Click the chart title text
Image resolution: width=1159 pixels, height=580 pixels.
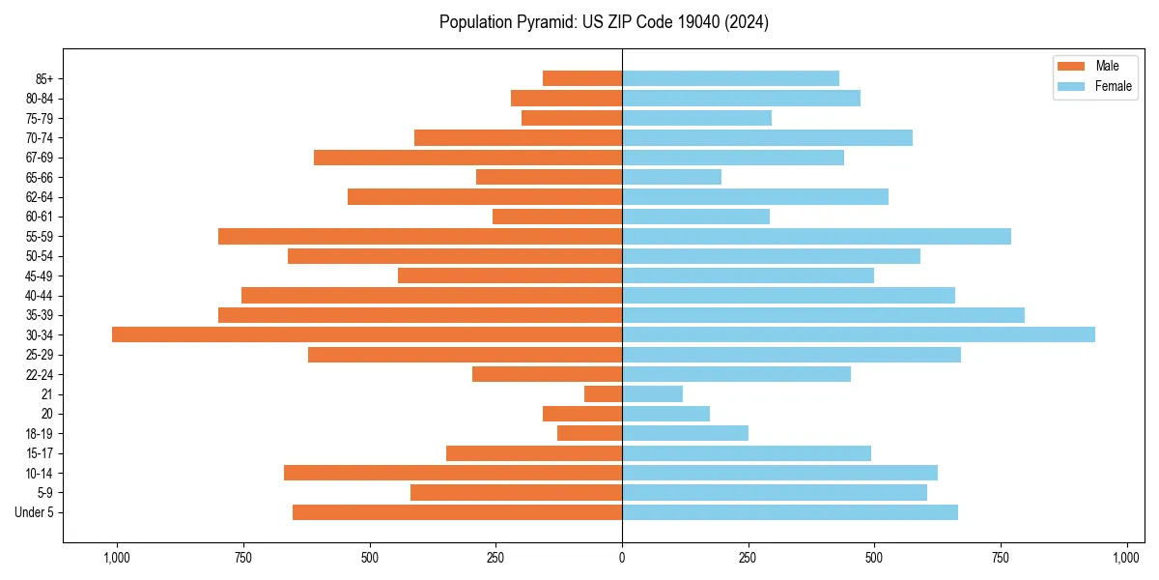click(x=604, y=22)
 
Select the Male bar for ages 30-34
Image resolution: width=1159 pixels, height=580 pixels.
click(x=367, y=334)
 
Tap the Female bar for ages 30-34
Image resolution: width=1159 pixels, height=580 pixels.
click(x=859, y=334)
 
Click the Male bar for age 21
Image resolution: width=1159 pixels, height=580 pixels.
click(x=603, y=394)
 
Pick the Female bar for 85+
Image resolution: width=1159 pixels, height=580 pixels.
click(x=730, y=78)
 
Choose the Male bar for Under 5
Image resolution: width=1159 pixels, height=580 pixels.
click(x=457, y=512)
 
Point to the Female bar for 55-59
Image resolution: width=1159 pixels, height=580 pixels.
click(x=816, y=236)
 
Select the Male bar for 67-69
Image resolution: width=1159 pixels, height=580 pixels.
click(x=467, y=158)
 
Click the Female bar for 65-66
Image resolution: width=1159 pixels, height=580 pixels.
click(x=671, y=177)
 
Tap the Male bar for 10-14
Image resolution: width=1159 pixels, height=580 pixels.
click(x=453, y=473)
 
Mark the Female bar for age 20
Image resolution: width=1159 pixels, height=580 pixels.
click(x=665, y=414)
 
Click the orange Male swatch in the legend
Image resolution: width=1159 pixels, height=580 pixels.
click(x=1071, y=66)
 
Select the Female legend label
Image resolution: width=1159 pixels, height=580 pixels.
click(x=1114, y=86)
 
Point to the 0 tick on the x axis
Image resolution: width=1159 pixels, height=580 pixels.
click(x=622, y=558)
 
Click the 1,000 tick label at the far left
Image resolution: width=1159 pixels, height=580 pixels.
click(x=117, y=558)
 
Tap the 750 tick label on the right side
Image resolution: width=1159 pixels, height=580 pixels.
click(x=1001, y=558)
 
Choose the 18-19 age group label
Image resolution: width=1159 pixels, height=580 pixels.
click(x=40, y=434)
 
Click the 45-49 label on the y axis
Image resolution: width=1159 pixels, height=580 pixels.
click(x=40, y=275)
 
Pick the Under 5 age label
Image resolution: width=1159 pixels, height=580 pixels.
click(x=35, y=512)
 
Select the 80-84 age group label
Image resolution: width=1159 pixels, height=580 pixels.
click(x=40, y=99)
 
